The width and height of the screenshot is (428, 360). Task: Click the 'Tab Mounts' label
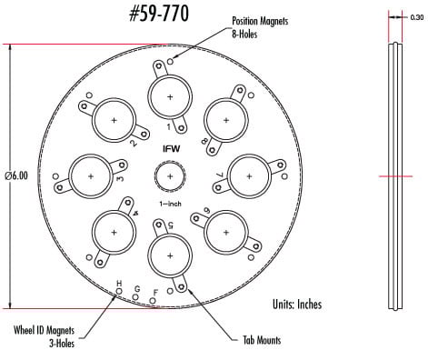260,341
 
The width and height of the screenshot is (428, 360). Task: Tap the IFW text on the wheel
170,147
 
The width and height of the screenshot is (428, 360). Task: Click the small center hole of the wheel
170,175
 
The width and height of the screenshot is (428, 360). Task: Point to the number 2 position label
134,142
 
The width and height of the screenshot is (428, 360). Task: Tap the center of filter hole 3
91,175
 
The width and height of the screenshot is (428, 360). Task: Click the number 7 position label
219,175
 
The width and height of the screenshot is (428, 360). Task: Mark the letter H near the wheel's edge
118,285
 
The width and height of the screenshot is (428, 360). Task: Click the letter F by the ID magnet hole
155,292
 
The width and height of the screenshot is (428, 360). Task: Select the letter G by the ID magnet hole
136,289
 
